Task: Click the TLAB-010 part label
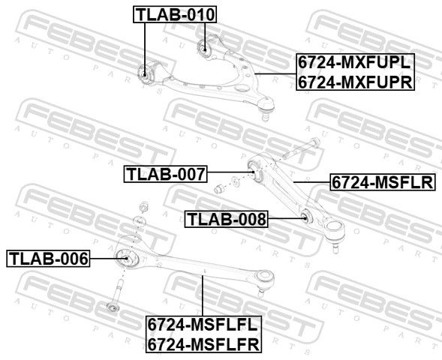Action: [x=175, y=14]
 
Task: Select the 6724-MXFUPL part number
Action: [x=355, y=62]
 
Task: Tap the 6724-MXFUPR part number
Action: [x=355, y=82]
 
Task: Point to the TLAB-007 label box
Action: [x=166, y=174]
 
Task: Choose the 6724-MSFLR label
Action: [x=383, y=182]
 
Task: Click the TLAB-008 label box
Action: [x=227, y=219]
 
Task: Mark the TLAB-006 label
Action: [x=48, y=258]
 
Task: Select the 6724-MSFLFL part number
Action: [x=203, y=325]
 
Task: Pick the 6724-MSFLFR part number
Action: [x=203, y=344]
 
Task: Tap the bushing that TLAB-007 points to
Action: [x=255, y=170]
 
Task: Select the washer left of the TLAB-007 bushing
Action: [x=235, y=181]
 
